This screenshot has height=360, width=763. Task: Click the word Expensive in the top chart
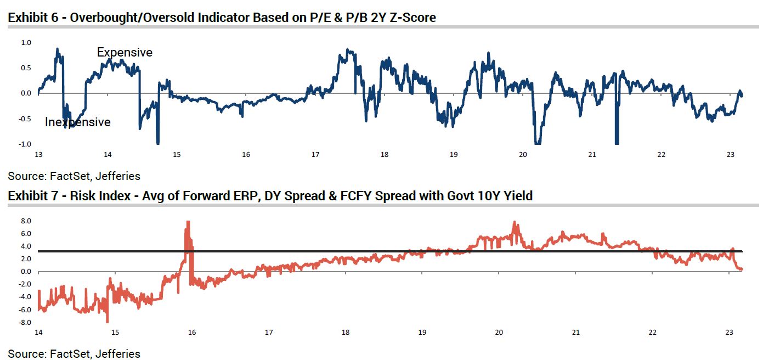coord(125,53)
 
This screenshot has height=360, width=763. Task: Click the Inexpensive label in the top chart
coord(77,122)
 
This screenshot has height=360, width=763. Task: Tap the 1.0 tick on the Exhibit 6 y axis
coord(26,43)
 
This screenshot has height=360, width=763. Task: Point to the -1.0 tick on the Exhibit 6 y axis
coord(25,144)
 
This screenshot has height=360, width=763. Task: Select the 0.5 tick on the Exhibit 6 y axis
coord(26,68)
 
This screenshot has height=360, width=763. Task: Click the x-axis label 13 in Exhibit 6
coord(38,155)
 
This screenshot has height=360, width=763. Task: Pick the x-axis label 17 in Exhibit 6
coord(315,155)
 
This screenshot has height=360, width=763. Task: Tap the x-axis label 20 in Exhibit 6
coord(522,155)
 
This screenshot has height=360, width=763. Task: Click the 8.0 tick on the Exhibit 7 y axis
coord(26,221)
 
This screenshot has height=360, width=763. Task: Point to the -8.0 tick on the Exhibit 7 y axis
coord(25,323)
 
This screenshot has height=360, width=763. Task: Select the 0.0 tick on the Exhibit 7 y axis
coord(26,272)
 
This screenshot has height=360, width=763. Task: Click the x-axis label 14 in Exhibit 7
coord(38,333)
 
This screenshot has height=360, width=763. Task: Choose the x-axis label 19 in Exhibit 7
coord(422,333)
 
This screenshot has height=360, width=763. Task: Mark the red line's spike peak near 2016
coord(188,222)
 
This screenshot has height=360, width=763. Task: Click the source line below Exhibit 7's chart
coord(74,353)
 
